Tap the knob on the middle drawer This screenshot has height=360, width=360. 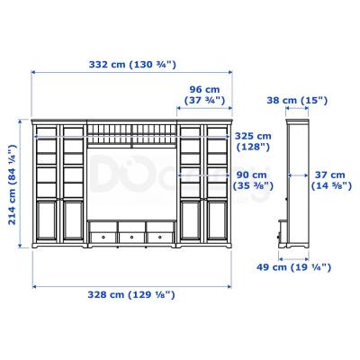[132, 237]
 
